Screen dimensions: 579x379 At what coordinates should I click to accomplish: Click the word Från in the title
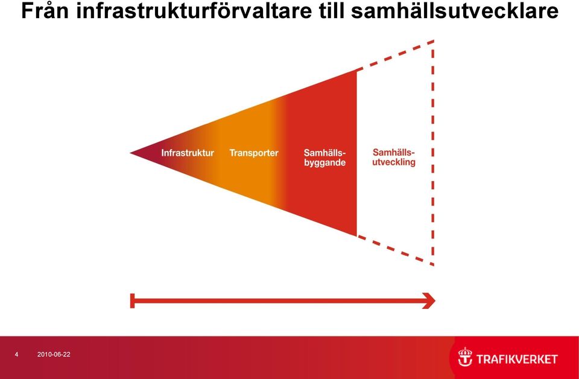[x=45, y=11]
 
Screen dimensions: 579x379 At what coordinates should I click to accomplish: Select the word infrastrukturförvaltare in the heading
[x=194, y=11]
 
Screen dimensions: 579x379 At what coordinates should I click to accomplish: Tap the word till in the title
[x=331, y=11]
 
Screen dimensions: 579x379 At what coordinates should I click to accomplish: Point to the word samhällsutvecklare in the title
[x=454, y=11]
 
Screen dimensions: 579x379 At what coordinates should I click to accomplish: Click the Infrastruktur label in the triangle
[x=188, y=153]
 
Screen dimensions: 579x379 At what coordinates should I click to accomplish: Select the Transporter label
[x=254, y=153]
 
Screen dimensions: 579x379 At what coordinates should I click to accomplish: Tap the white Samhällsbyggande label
[x=325, y=158]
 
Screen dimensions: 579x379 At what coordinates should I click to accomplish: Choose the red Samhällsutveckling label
[x=394, y=157]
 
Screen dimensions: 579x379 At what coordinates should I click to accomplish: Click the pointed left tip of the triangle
[x=130, y=153]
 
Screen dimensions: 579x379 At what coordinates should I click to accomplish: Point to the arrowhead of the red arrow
[x=429, y=301]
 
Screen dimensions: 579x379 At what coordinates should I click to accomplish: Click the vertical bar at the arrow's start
[x=132, y=301]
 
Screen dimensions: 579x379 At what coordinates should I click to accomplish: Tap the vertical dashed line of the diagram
[x=433, y=153]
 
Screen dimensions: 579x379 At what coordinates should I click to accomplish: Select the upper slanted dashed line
[x=395, y=55]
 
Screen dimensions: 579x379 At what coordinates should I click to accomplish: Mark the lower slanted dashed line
[x=395, y=250]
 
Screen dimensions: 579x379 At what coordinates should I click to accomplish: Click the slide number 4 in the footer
[x=16, y=355]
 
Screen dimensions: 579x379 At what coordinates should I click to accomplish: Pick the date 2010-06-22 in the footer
[x=54, y=355]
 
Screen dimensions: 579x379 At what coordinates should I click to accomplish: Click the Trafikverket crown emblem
[x=465, y=357]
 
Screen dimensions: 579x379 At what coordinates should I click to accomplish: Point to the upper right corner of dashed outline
[x=433, y=40]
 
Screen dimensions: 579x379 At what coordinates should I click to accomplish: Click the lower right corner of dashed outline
[x=433, y=265]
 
